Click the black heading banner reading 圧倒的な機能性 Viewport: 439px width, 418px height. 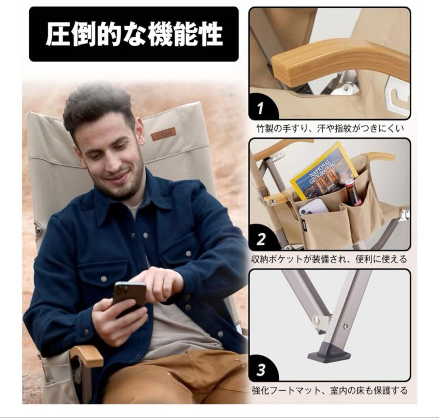pyautogui.click(x=134, y=34)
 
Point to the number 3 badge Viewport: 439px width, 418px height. pyautogui.click(x=261, y=370)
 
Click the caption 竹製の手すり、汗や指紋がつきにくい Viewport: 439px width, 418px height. pyautogui.click(x=330, y=129)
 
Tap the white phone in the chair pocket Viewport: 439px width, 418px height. pyautogui.click(x=313, y=207)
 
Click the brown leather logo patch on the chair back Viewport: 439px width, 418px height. pyautogui.click(x=163, y=133)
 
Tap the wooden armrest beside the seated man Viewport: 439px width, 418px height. pyautogui.click(x=87, y=356)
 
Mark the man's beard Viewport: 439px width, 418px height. pyautogui.click(x=122, y=183)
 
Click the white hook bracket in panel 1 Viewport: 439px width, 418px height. pyautogui.click(x=396, y=93)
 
